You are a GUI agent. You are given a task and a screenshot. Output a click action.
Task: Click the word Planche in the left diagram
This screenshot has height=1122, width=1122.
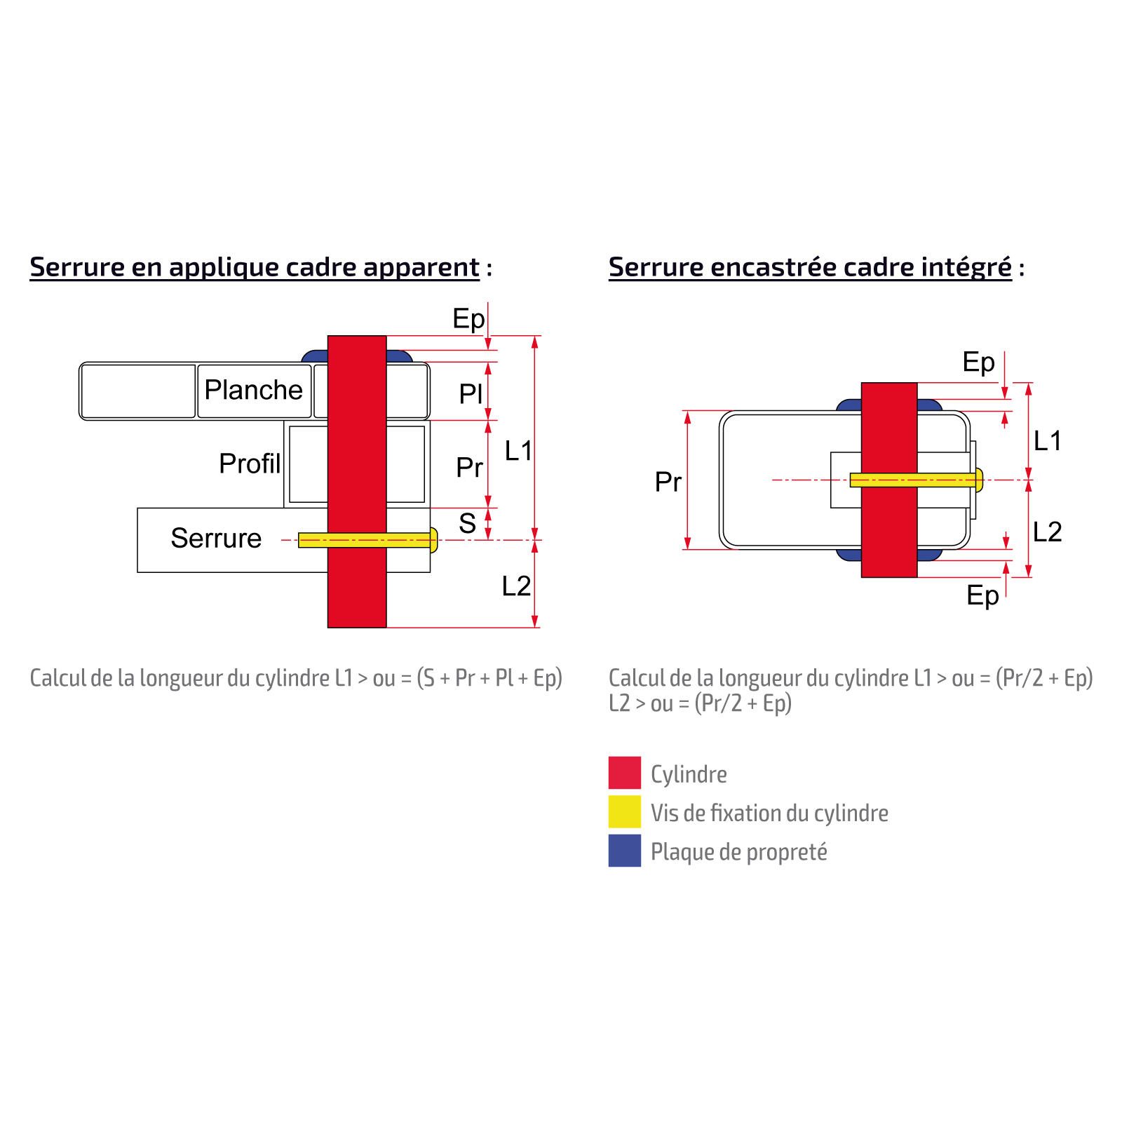[x=253, y=390]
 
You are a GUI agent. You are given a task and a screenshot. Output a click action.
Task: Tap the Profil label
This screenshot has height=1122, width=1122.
[x=250, y=464]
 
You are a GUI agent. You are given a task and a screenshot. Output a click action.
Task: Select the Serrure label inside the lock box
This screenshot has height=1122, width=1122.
[x=216, y=538]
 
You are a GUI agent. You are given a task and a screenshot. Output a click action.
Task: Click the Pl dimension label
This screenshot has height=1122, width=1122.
[x=471, y=393]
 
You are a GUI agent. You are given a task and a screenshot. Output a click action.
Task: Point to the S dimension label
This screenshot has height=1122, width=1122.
[x=468, y=523]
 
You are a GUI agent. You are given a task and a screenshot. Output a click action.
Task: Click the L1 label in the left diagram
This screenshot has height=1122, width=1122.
[x=519, y=451]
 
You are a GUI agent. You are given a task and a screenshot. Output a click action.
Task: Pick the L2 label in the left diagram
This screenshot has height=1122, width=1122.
[x=517, y=586]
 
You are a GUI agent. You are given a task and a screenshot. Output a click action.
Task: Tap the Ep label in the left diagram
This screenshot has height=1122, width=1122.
[x=468, y=319]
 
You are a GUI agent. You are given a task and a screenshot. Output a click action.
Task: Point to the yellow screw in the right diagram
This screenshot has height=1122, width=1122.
[x=947, y=480]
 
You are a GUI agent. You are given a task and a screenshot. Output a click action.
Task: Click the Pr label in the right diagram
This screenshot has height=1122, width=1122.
[x=668, y=482]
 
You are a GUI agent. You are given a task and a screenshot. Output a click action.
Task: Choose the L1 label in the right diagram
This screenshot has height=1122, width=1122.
[x=1048, y=441]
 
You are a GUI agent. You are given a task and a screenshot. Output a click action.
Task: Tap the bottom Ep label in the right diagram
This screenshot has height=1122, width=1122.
[x=982, y=595]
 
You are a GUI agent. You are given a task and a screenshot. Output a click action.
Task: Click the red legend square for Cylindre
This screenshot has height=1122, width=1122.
[x=624, y=773]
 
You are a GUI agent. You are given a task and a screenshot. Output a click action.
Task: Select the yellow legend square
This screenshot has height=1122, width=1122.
[x=624, y=812]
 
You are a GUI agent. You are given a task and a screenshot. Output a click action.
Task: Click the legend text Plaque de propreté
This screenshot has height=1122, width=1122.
[x=738, y=852]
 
